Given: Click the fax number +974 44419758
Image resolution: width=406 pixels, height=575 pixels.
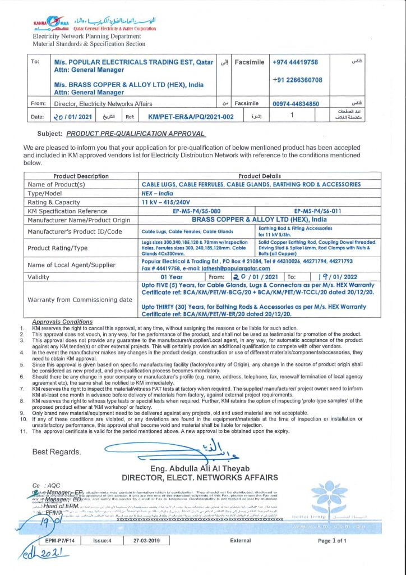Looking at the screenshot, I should click(295, 62).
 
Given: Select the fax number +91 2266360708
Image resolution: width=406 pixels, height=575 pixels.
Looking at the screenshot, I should click(297, 80).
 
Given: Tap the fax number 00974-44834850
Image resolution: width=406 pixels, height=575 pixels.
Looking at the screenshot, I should click(296, 104).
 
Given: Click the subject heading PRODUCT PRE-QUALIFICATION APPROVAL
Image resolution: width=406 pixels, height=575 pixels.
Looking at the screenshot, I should click(136, 134).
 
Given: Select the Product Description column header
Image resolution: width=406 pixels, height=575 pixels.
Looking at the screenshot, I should click(81, 176).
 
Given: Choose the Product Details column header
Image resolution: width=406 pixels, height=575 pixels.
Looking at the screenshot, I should click(260, 176).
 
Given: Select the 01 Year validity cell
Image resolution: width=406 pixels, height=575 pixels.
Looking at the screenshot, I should click(172, 277).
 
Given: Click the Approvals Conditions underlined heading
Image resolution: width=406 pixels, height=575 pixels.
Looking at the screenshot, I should click(62, 322).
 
